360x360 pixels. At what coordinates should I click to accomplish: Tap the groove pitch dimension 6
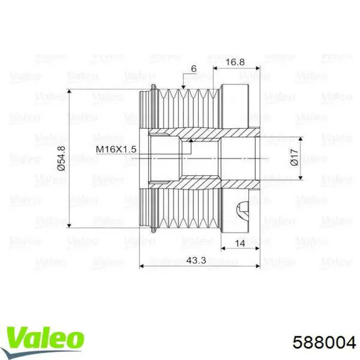193,68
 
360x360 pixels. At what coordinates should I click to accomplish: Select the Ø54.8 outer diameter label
62,158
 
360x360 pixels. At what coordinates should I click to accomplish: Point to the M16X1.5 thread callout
116,149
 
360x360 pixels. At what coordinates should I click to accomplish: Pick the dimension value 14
240,243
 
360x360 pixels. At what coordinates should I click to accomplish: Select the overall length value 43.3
196,261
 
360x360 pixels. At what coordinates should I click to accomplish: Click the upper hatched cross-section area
206,133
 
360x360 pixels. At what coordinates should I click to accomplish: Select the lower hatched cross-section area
206,183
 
